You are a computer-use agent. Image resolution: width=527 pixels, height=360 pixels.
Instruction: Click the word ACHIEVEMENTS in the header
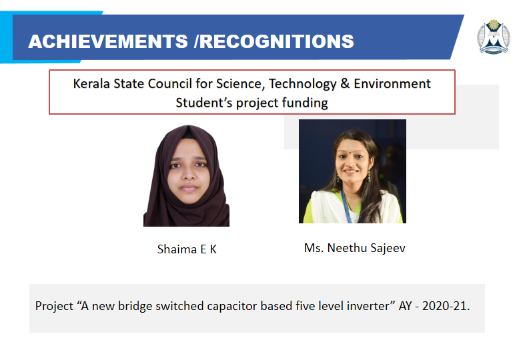coord(108,41)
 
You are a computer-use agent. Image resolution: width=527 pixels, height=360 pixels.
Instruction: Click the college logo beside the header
coord(494,37)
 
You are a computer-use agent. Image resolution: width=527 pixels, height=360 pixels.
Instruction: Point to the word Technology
coord(302,84)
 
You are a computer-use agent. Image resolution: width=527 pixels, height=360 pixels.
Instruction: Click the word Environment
coord(392,83)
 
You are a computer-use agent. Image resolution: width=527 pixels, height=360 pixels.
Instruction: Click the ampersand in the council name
coord(345,83)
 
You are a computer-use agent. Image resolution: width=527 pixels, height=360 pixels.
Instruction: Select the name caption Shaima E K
coord(187,249)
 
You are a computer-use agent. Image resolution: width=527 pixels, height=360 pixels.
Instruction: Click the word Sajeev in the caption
coord(388,248)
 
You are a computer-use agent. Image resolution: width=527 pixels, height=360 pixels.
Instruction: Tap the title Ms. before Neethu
coord(314,248)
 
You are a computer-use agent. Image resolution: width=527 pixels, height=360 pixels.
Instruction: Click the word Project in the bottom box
coord(54,306)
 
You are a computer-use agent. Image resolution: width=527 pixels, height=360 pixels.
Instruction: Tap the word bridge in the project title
coord(135,307)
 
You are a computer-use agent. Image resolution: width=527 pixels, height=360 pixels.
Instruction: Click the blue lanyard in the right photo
coord(346,207)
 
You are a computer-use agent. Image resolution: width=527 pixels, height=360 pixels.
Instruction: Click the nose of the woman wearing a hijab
coord(189,173)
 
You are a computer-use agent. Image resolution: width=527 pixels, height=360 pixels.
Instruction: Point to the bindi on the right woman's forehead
coord(350,151)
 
